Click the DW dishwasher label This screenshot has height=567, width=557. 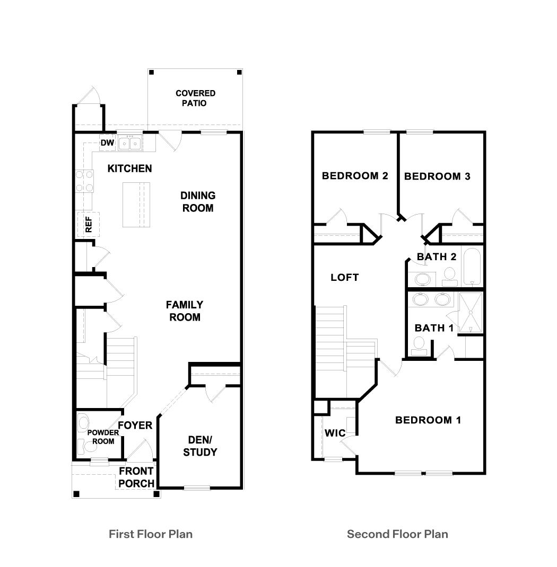[x=107, y=143]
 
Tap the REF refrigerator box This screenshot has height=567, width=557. [x=88, y=224]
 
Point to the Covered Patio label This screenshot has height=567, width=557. [x=196, y=98]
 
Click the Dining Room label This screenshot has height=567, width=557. [x=197, y=202]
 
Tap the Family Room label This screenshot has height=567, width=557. [x=185, y=311]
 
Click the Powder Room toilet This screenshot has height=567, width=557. [x=83, y=422]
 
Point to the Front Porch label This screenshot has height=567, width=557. [x=136, y=477]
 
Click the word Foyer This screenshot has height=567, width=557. [x=135, y=425]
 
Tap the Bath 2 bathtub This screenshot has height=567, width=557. [x=472, y=267]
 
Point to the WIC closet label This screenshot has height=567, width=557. [x=335, y=433]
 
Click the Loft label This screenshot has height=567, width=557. [x=344, y=277]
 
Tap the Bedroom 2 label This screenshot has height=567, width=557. [x=355, y=176]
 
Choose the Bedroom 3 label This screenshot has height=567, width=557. [x=437, y=176]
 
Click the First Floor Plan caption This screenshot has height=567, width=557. [x=151, y=534]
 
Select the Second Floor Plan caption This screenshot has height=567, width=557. [x=397, y=534]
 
